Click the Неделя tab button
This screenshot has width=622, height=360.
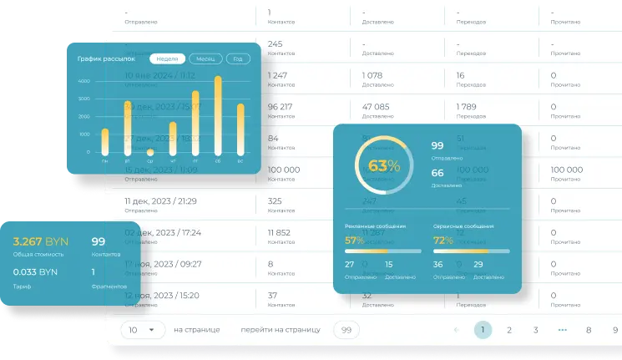[x=167, y=59]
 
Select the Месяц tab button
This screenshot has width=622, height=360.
[x=205, y=59]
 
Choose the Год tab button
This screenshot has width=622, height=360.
[x=238, y=59]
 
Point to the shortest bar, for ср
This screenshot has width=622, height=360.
[x=150, y=153]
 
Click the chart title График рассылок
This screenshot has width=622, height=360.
[x=100, y=59]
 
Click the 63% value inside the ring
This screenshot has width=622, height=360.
[x=384, y=165]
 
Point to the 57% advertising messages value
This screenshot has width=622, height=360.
[x=354, y=241]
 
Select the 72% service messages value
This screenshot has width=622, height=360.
[x=442, y=241]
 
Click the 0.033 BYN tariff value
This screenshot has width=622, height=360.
[x=35, y=271]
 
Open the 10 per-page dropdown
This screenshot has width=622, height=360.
[x=142, y=330]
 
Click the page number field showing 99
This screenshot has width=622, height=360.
[x=346, y=330]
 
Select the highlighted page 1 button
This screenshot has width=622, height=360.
[x=482, y=330]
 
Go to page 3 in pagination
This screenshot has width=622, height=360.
[x=536, y=330]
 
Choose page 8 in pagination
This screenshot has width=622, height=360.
[x=589, y=330]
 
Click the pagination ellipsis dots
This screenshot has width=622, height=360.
[x=563, y=330]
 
